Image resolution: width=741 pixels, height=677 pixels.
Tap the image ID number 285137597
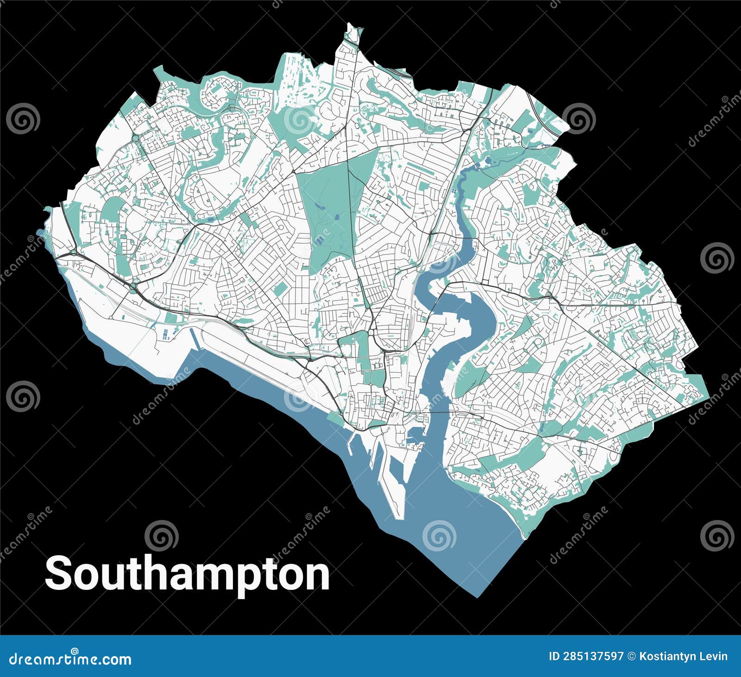pos(586,656)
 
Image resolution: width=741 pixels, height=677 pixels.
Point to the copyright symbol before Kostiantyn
pos(631,656)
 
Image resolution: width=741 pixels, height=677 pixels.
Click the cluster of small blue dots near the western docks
pos(166,333)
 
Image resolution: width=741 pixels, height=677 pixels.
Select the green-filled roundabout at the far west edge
pos(73,253)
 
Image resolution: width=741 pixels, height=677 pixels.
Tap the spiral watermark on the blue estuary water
pos(440,535)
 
